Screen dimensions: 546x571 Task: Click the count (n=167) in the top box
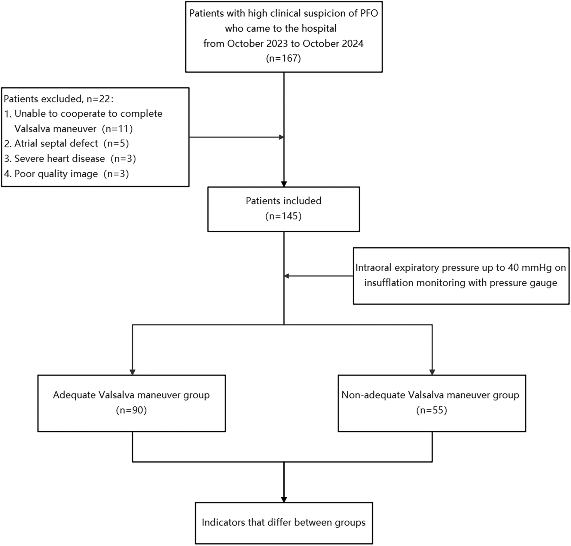click(x=283, y=58)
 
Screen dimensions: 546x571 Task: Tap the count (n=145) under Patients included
click(x=283, y=216)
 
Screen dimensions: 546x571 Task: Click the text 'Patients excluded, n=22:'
click(x=59, y=99)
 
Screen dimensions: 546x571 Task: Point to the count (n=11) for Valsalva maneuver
click(x=117, y=129)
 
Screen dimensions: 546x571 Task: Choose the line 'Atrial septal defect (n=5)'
click(x=67, y=143)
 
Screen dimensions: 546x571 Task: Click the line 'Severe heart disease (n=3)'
click(x=70, y=158)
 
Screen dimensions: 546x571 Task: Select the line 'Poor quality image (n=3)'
click(x=67, y=174)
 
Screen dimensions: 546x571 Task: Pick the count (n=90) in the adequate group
click(x=132, y=410)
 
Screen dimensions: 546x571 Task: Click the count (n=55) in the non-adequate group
click(x=432, y=410)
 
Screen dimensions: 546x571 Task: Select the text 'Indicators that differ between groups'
click(x=284, y=522)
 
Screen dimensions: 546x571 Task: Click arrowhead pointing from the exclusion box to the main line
click(x=282, y=137)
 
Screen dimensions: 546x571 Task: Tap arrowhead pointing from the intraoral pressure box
click(x=286, y=276)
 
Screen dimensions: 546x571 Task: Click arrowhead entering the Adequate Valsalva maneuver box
click(x=132, y=372)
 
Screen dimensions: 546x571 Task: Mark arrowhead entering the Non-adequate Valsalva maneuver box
click(x=432, y=372)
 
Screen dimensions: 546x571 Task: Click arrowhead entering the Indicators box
click(x=284, y=499)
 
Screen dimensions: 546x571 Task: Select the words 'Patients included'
click(x=283, y=201)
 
